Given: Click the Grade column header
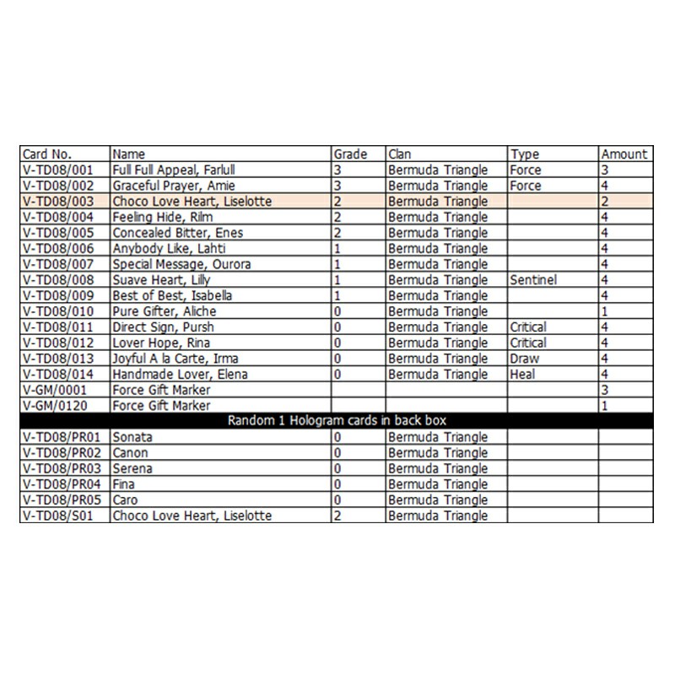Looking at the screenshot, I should [350, 154].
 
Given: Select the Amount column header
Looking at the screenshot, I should [624, 154].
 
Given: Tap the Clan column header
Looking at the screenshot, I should [399, 154].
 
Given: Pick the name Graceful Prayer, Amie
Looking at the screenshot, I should [173, 186].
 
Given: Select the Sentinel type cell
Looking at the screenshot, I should [532, 280].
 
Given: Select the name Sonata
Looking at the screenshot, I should [132, 438].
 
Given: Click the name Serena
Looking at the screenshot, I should [132, 468].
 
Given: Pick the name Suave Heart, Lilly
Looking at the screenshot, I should [161, 280].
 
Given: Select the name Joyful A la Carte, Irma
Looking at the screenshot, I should [170, 359].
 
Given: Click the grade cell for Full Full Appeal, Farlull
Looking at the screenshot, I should [337, 170].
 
